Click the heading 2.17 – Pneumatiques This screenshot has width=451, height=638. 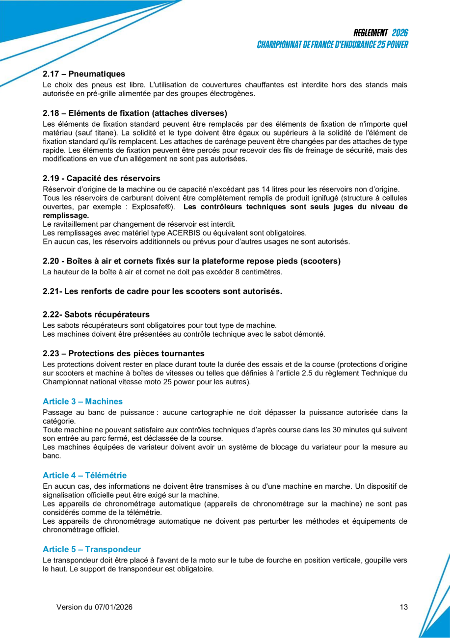click(x=84, y=74)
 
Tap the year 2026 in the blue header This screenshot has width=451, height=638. click(x=400, y=33)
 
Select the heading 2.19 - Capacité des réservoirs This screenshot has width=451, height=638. click(x=101, y=178)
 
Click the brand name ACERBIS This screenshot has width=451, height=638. click(x=159, y=233)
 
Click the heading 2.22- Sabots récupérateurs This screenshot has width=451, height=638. click(x=96, y=314)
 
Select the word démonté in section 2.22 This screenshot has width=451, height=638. click(x=311, y=334)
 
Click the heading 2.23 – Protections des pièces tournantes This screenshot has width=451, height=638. click(x=124, y=353)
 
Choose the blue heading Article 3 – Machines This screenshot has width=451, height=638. click(x=82, y=401)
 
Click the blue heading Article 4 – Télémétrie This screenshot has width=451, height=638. click(x=84, y=475)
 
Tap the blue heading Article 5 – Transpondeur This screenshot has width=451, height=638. click(x=92, y=549)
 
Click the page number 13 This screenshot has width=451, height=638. click(x=403, y=607)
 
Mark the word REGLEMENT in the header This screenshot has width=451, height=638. click(x=371, y=33)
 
